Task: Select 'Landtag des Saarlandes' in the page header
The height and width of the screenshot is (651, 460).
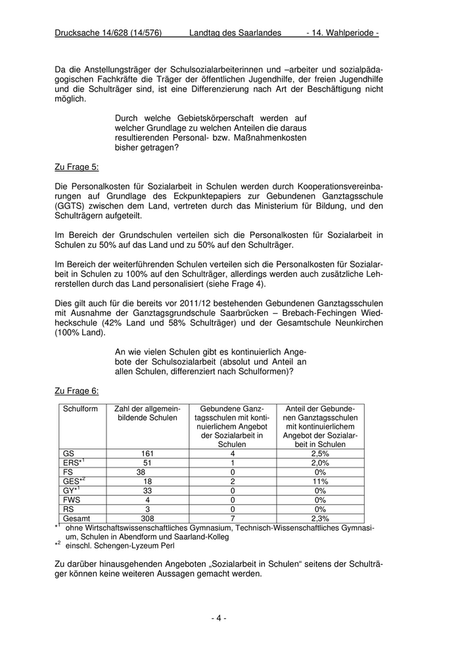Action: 235,32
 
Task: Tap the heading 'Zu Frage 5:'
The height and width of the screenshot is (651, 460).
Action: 76,166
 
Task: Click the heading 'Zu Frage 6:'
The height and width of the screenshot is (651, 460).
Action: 76,391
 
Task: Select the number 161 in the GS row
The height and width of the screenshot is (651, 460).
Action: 147,454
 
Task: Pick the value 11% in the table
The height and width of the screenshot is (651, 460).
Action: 320,481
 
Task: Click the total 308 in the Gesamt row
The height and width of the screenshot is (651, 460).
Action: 147,518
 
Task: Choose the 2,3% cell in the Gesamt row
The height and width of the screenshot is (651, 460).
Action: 320,518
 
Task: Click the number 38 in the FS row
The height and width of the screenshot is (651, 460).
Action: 141,472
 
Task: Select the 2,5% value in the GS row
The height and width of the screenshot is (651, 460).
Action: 320,454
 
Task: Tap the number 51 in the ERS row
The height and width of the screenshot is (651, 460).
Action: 147,463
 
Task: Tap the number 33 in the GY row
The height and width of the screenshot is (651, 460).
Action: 147,491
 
